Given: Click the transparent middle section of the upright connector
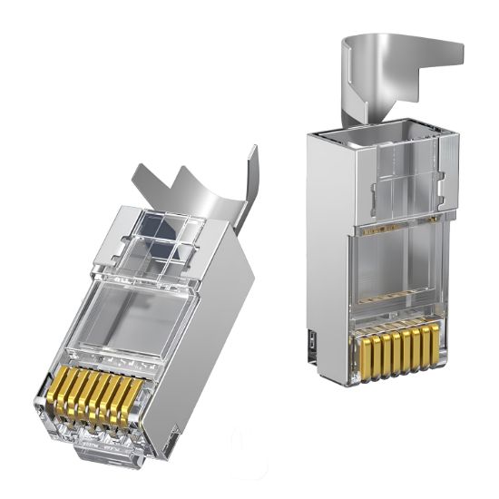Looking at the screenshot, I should click(399, 272).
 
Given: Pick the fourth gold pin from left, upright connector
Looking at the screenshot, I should click(391, 349).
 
